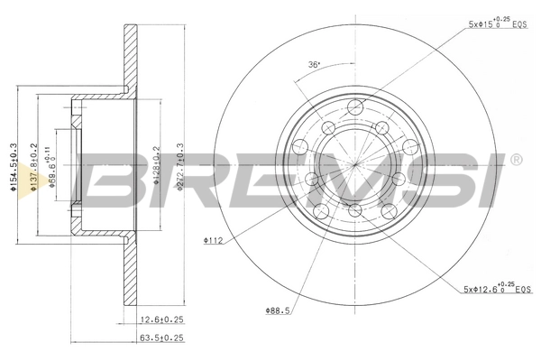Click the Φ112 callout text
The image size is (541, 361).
pyautogui.click(x=213, y=240)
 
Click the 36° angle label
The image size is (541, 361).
pyautogui.click(x=312, y=64)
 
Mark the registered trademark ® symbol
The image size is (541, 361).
pyautogui.click(x=515, y=161)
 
